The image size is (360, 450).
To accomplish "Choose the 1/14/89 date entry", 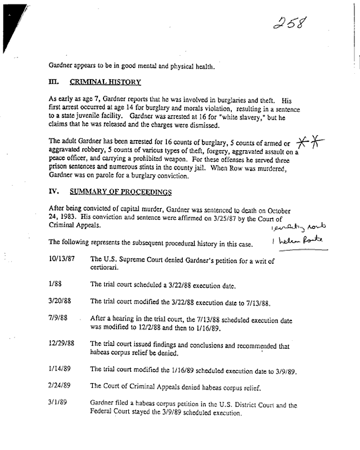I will [60, 370].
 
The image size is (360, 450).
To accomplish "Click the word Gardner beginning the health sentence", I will [62, 65].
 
